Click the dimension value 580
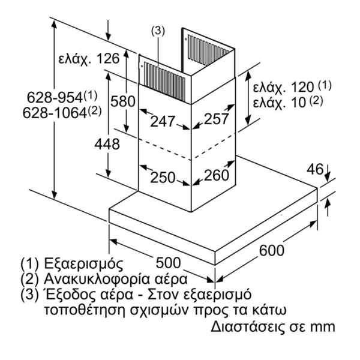(123, 102)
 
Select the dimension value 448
(107, 145)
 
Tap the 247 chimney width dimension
(163, 121)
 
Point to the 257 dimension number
(217, 119)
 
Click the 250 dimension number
(163, 178)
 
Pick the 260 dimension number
(217, 175)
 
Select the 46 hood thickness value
(315, 169)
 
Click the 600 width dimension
(272, 250)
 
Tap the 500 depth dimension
(168, 263)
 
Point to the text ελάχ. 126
(89, 59)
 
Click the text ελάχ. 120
(284, 88)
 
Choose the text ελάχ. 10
(280, 103)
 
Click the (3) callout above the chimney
(158, 31)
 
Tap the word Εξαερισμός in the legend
(83, 264)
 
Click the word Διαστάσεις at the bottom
(246, 326)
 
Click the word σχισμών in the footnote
(160, 311)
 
